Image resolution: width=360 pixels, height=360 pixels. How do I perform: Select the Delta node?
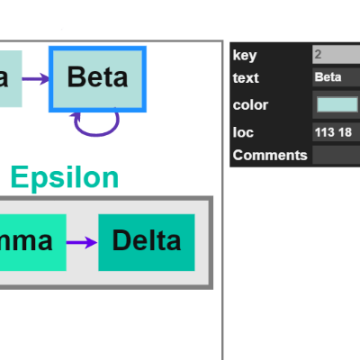coord(146,241)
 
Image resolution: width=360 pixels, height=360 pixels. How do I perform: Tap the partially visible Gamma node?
coord(32,241)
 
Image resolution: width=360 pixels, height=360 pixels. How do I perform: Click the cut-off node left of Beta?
coord(10,78)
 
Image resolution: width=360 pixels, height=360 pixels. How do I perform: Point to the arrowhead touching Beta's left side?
coord(46,78)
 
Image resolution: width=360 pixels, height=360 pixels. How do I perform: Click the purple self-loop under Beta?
coord(96,126)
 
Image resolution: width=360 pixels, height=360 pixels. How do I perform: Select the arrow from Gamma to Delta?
coord(81,242)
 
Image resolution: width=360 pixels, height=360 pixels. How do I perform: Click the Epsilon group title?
coord(64,178)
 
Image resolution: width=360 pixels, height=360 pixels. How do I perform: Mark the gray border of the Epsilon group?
coord(211,243)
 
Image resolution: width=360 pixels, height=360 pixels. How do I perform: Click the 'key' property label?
coord(245,55)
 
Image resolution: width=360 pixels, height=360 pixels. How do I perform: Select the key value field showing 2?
coord(336,55)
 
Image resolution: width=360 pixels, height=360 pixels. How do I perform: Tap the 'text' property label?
coord(245,77)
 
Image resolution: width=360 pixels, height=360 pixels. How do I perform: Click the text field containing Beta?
coord(336,77)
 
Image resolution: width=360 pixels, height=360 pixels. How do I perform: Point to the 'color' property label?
coord(250,104)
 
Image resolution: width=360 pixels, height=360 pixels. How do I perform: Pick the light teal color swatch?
coord(337,104)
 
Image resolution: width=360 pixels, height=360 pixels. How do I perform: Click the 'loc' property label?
coord(242,133)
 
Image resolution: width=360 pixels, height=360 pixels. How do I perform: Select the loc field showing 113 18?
coord(336,133)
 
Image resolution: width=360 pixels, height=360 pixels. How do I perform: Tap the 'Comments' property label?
coord(270,155)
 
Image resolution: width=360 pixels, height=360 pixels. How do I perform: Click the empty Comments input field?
coord(336,155)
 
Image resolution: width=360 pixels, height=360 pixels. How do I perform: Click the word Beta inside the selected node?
coord(97,77)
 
